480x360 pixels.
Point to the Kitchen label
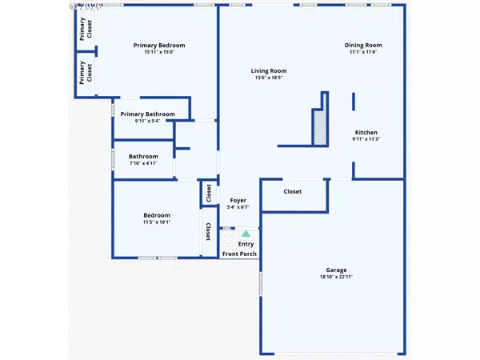[366, 133]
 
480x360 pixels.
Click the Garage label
[336, 270]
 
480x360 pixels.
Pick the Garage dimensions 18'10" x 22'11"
[336, 277]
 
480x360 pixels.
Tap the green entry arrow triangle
[246, 234]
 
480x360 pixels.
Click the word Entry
[246, 244]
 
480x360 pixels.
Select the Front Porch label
[239, 254]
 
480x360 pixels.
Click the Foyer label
[238, 200]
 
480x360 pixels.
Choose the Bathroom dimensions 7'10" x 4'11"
[145, 163]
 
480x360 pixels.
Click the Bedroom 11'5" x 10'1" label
[157, 219]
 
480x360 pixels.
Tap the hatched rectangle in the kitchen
[320, 129]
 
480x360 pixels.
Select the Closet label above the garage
[293, 192]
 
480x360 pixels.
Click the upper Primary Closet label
[84, 28]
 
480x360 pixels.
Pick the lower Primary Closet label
[84, 73]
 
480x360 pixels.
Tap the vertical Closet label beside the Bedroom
[209, 232]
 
